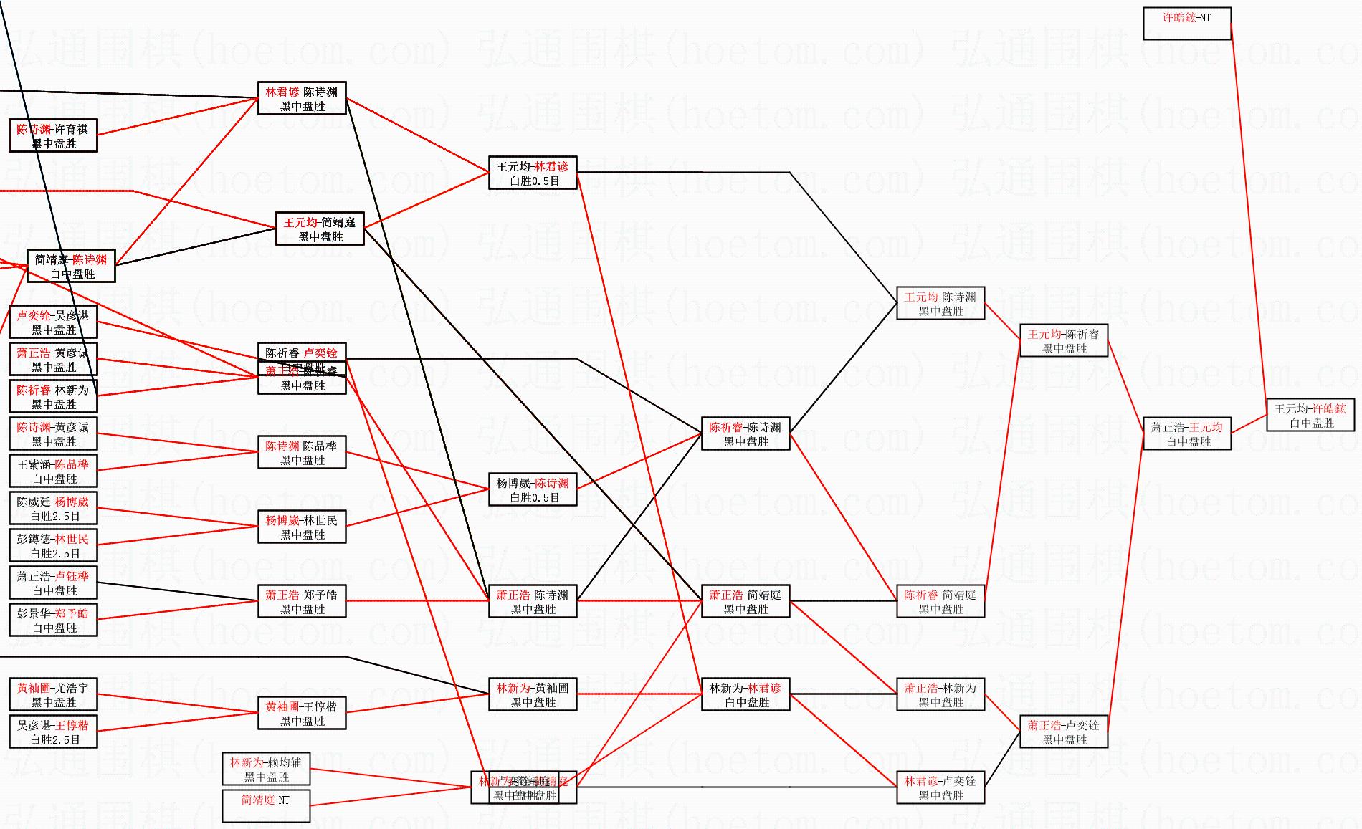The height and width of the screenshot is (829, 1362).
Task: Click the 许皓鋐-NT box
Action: point(1186,24)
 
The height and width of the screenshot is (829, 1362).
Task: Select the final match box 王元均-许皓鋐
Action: point(1310,416)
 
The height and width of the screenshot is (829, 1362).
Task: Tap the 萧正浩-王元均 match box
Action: point(1187,434)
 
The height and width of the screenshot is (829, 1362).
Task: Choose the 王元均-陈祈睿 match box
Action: point(1064,341)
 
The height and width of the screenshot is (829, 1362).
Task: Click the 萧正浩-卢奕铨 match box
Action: point(1064,732)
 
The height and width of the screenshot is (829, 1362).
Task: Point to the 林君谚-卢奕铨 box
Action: point(940,788)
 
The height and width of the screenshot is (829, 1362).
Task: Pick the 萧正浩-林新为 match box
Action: point(940,695)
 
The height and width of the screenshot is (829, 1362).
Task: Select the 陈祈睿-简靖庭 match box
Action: point(940,602)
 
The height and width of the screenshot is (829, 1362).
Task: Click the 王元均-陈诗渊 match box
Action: point(940,304)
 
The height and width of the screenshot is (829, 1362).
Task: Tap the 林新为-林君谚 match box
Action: point(746,695)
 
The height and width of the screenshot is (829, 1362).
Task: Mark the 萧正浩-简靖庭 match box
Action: point(746,602)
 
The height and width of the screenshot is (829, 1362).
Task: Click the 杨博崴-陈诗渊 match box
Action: point(533,490)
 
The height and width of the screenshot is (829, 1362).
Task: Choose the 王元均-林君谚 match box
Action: point(533,173)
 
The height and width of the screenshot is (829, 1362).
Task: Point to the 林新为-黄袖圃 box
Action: point(533,695)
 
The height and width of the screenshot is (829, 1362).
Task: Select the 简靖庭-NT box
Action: point(266,807)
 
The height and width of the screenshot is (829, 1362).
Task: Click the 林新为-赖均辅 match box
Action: point(266,770)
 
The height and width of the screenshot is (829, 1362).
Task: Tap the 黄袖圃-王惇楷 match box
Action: point(302,714)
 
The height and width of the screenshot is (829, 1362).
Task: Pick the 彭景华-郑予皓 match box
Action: point(53,620)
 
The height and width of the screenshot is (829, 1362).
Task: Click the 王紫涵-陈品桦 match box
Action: point(53,471)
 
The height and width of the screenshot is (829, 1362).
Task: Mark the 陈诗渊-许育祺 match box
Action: point(53,136)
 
